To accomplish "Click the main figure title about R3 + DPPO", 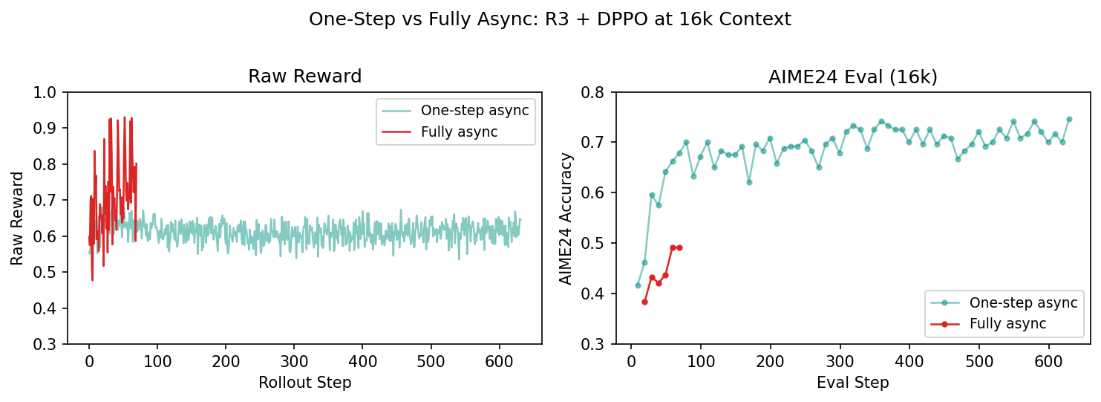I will click(550, 20).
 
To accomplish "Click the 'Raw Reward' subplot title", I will click(304, 77).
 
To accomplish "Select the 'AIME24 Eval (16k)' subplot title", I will click(853, 77).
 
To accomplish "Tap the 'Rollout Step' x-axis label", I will click(304, 383).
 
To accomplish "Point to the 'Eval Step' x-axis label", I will click(853, 383).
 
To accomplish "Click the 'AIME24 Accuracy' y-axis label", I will click(566, 218).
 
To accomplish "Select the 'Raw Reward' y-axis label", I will click(17, 218).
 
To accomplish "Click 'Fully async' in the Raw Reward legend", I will click(459, 132).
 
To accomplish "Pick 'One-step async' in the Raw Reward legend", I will click(474, 111).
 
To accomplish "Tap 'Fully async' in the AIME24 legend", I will click(1007, 324).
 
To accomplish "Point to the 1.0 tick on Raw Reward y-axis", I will click(50, 93).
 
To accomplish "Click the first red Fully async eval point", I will click(644, 302).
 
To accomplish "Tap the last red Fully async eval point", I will click(679, 247).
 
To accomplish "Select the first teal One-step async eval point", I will click(638, 285).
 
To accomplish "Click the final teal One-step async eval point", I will click(1069, 119).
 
